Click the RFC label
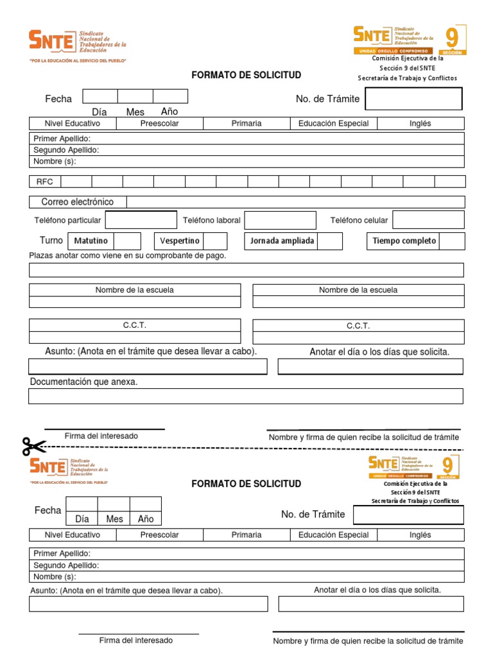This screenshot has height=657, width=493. pyautogui.click(x=45, y=182)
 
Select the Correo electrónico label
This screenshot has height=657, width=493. pyautogui.click(x=78, y=202)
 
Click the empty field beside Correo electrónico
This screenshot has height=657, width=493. pyautogui.click(x=295, y=202)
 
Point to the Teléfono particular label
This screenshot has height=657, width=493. pyautogui.click(x=67, y=220)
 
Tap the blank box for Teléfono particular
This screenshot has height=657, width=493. pyautogui.click(x=141, y=220)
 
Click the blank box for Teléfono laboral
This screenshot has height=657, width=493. pyautogui.click(x=280, y=220)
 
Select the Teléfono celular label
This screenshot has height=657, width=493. pyautogui.click(x=359, y=220)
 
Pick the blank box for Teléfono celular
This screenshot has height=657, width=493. pyautogui.click(x=428, y=220)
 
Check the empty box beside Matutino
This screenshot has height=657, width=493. pyautogui.click(x=127, y=241)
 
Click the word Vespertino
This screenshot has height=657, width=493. pyautogui.click(x=180, y=241)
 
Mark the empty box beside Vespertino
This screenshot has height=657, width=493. pyautogui.click(x=215, y=241)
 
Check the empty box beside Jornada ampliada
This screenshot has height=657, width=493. pyautogui.click(x=330, y=241)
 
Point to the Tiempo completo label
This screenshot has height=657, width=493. pyautogui.click(x=404, y=241)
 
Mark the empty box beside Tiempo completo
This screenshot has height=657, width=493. pyautogui.click(x=452, y=241)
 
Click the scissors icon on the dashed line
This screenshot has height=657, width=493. pyautogui.click(x=34, y=446)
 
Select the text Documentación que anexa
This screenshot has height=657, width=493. pyautogui.click(x=84, y=382)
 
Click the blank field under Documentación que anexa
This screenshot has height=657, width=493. pyautogui.click(x=246, y=396)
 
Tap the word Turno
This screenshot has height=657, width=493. pyautogui.click(x=51, y=241)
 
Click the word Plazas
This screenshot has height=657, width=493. pyautogui.click(x=40, y=255)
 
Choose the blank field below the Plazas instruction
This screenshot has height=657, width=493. pyautogui.click(x=246, y=269)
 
